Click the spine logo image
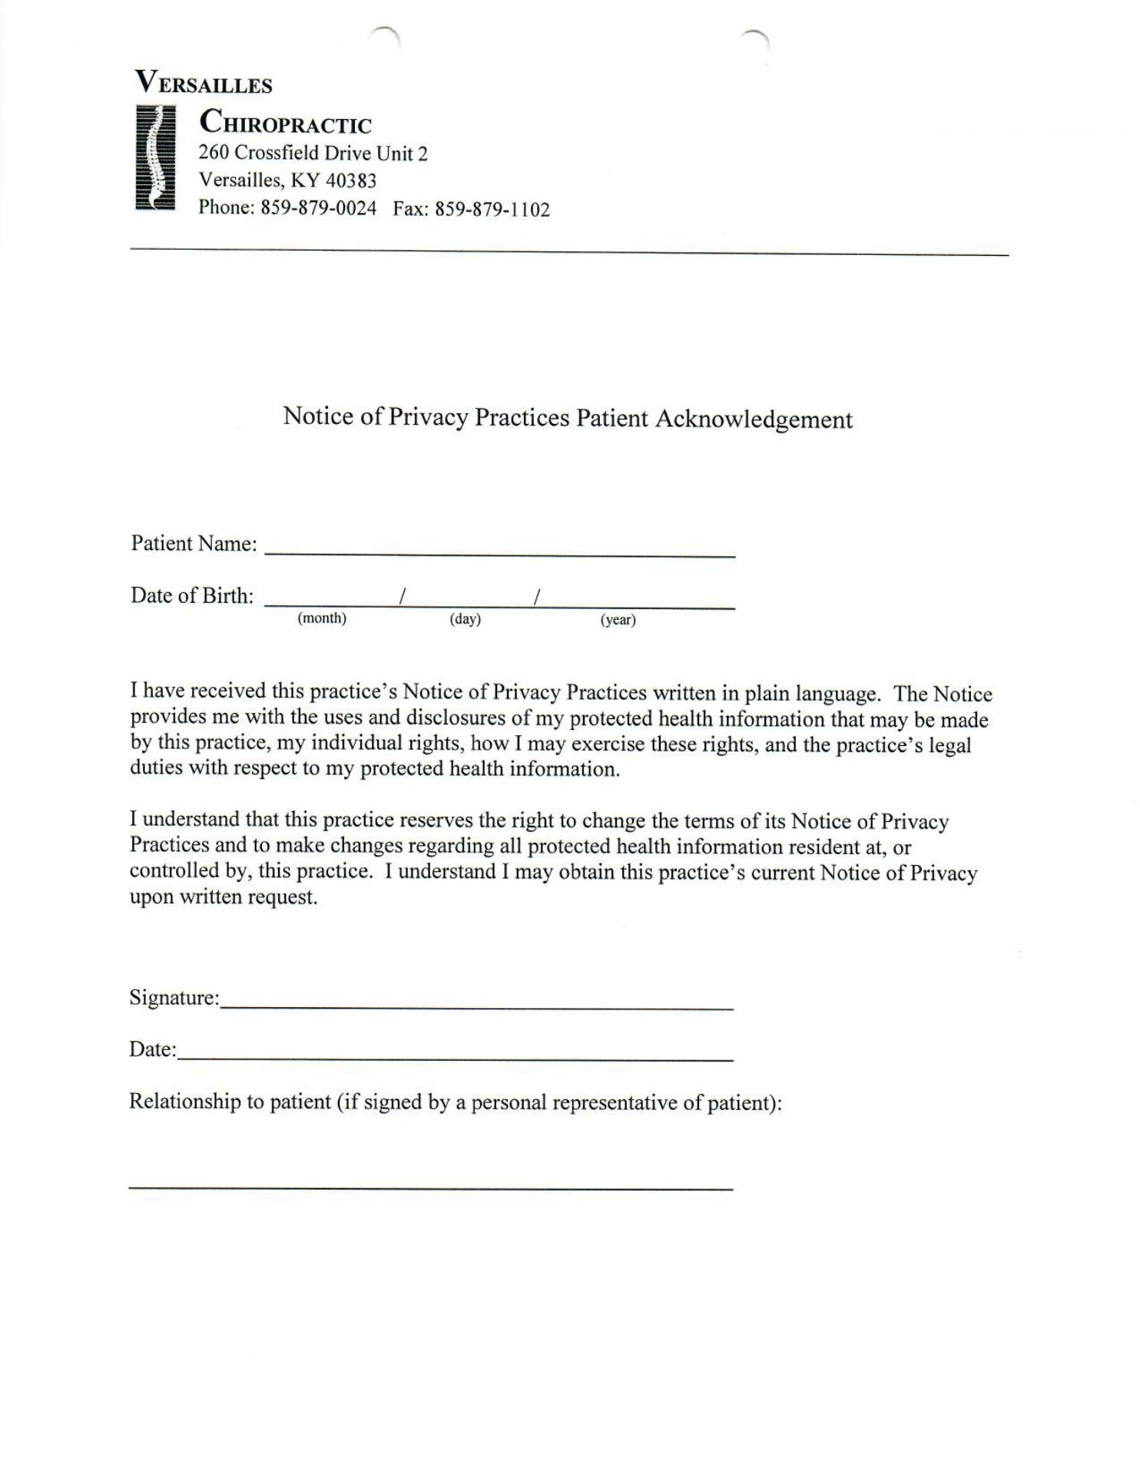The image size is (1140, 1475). [x=155, y=158]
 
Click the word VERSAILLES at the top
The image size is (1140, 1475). [x=204, y=83]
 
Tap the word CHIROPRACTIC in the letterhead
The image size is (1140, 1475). [x=285, y=123]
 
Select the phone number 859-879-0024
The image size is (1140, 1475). [x=319, y=208]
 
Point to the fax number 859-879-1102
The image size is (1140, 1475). [x=492, y=210]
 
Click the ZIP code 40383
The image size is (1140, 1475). [x=351, y=181]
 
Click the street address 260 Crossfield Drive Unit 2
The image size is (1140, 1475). [x=313, y=154]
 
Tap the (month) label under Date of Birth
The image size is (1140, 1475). [x=322, y=618]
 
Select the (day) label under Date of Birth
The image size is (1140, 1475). [x=465, y=619]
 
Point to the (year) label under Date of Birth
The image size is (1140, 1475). [x=618, y=620]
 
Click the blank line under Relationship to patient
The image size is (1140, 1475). [x=430, y=1188]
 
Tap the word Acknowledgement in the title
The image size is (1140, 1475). [x=754, y=419]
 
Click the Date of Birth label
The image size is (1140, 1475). [x=192, y=596]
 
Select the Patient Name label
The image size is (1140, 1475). [x=194, y=544]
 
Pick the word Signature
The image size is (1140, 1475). [x=174, y=998]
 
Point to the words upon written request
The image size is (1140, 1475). [x=224, y=897]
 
